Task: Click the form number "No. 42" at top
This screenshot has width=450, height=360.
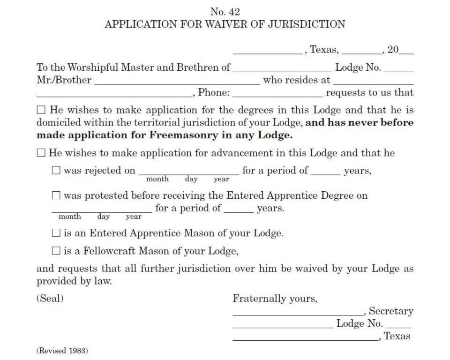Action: click(x=225, y=12)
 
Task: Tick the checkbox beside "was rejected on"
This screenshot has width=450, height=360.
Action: click(x=56, y=171)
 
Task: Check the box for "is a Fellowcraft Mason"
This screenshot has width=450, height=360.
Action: click(x=56, y=251)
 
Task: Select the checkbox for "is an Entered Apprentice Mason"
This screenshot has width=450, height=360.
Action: click(x=56, y=233)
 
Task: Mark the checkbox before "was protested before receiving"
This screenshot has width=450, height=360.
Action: click(x=56, y=195)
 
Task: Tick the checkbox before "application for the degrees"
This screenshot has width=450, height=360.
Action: click(x=41, y=111)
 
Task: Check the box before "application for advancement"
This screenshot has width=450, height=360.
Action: click(x=41, y=153)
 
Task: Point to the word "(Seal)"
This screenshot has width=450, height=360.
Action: click(x=50, y=298)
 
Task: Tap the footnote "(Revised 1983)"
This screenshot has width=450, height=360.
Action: click(x=62, y=351)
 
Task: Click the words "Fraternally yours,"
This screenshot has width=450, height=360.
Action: click(x=275, y=299)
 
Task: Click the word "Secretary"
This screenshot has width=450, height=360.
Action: click(x=391, y=311)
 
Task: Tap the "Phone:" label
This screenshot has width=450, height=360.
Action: click(x=214, y=93)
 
